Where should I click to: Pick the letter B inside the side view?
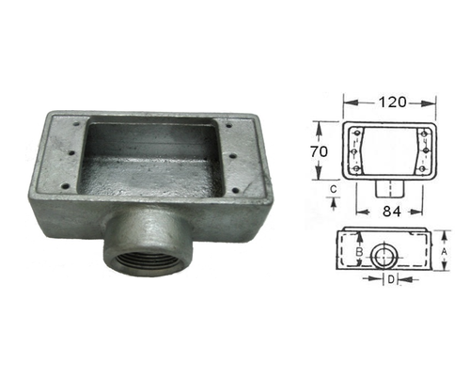tap(358, 252)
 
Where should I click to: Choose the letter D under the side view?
tap(390, 279)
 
